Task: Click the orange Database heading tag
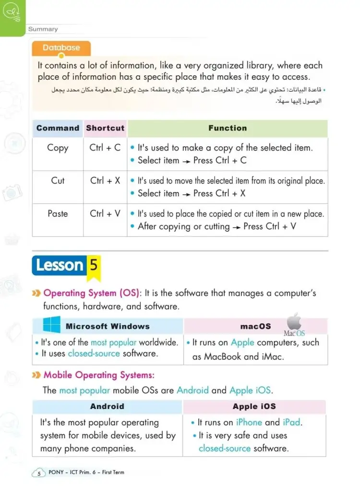61,48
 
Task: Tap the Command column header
58,128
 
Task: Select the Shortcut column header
105,128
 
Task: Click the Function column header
228,128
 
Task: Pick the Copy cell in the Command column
58,148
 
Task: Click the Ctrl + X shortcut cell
105,181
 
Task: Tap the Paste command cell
58,214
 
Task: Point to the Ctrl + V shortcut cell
105,214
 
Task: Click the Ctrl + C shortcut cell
105,148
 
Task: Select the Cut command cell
58,181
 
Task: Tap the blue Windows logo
52,325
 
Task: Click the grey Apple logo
294,322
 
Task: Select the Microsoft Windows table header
108,326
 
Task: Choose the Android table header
107,407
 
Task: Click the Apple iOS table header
254,407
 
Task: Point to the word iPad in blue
291,422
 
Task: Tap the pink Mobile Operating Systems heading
99,375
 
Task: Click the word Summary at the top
43,29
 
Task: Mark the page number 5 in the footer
38,473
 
